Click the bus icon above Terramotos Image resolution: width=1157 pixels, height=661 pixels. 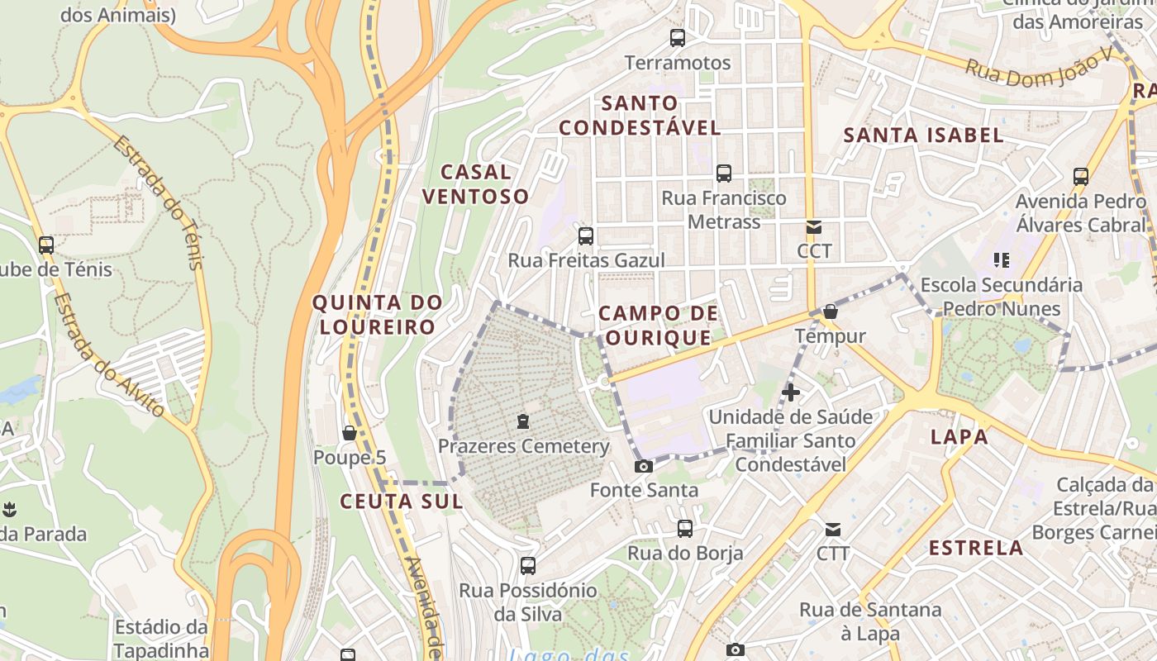(x=678, y=37)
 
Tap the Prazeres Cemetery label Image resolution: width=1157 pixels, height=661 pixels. (x=523, y=447)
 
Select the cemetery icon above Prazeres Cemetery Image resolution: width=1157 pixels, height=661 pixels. (x=522, y=421)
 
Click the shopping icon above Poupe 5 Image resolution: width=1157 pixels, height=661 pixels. (x=350, y=433)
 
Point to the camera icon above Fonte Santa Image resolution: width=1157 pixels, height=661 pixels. (x=643, y=466)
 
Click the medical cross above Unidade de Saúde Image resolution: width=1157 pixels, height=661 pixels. (x=791, y=392)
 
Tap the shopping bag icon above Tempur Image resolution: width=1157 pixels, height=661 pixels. (x=831, y=311)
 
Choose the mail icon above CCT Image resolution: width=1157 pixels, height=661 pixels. (x=814, y=227)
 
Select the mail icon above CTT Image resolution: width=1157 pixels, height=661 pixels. (x=833, y=529)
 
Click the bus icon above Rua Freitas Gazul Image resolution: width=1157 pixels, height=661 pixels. (x=586, y=236)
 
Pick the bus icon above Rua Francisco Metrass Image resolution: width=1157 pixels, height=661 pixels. (x=724, y=174)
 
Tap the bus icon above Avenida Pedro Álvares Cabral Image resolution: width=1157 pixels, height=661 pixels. (x=1081, y=176)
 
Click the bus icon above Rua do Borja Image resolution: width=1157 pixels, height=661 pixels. (x=685, y=529)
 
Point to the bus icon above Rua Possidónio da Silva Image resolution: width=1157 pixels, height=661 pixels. (x=528, y=566)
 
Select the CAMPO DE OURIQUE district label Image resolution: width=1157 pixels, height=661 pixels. (x=658, y=326)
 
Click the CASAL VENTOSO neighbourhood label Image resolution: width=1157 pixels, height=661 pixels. (x=475, y=184)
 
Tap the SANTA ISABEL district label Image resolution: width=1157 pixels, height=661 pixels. (x=923, y=136)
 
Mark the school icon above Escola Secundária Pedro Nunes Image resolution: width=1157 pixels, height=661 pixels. (x=1002, y=261)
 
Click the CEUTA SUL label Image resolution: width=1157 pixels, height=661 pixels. (x=401, y=502)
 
